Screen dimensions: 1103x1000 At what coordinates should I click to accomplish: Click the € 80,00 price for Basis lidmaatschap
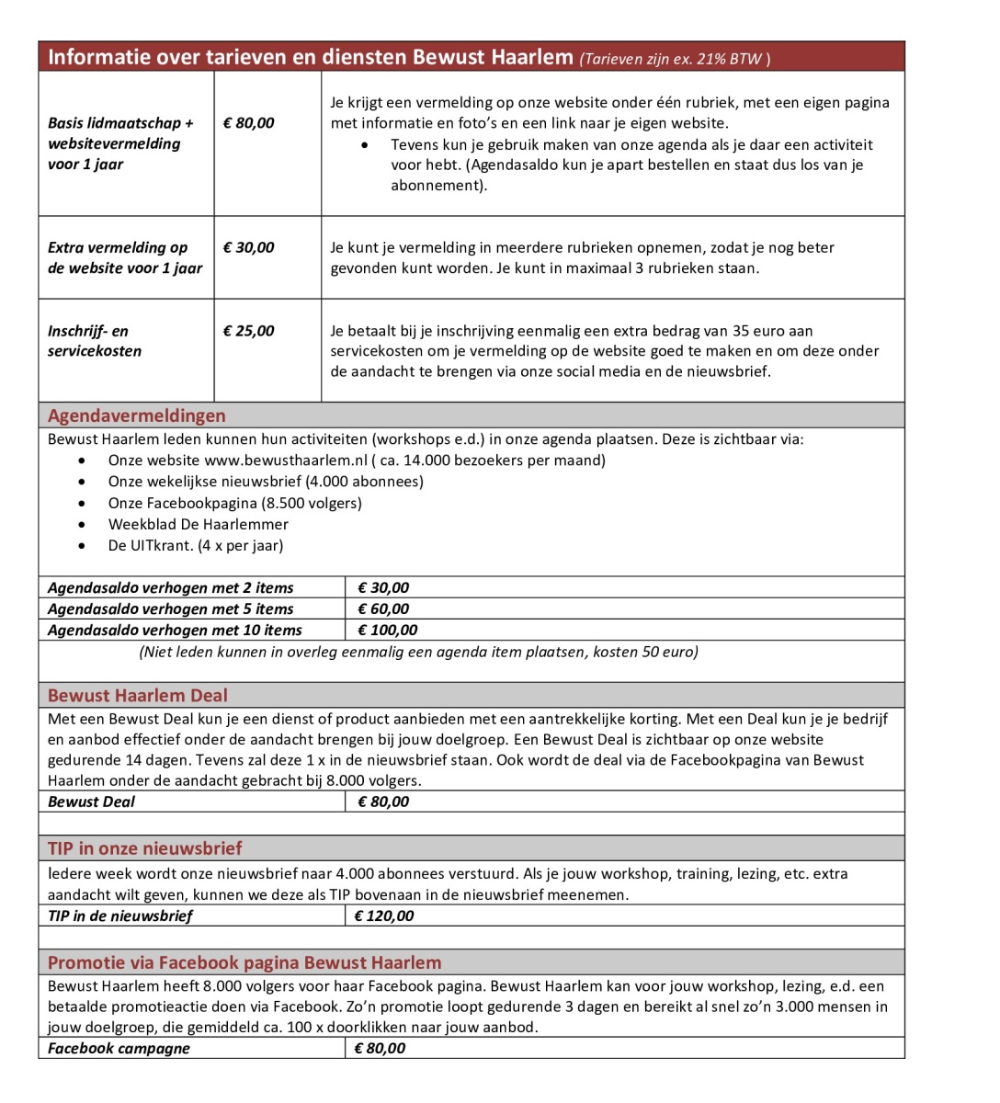pyautogui.click(x=249, y=123)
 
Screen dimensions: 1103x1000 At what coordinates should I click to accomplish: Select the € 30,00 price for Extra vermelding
pyautogui.click(x=249, y=247)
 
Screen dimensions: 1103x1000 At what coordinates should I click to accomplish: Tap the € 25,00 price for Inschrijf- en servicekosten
pyautogui.click(x=249, y=331)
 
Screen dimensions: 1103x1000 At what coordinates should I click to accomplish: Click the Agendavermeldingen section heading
pyautogui.click(x=137, y=415)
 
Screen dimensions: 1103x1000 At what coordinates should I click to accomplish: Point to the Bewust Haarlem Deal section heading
pyautogui.click(x=138, y=696)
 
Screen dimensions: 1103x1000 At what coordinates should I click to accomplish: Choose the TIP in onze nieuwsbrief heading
pyautogui.click(x=145, y=848)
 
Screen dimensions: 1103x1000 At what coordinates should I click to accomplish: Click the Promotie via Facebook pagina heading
pyautogui.click(x=244, y=962)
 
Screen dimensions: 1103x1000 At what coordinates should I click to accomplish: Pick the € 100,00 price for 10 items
pyautogui.click(x=387, y=631)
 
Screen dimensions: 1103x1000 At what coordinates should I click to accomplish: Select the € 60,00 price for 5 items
pyautogui.click(x=383, y=609)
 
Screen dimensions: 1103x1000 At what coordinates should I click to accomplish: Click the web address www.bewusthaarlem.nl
pyautogui.click(x=285, y=461)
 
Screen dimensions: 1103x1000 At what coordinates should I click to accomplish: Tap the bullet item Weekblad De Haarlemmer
pyautogui.click(x=199, y=524)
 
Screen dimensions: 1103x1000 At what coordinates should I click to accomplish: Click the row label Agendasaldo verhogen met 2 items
pyautogui.click(x=171, y=588)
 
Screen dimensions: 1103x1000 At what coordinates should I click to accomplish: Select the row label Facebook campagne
pyautogui.click(x=119, y=1048)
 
